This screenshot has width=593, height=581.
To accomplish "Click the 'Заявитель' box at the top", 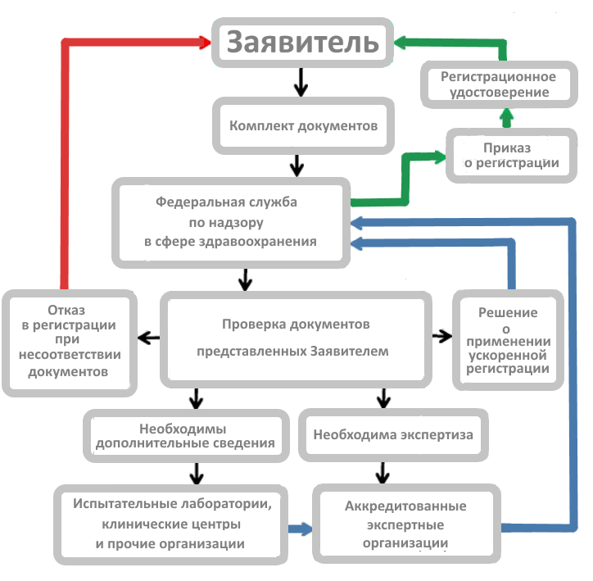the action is pyautogui.click(x=302, y=43).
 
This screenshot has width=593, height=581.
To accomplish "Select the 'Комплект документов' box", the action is pyautogui.click(x=303, y=126).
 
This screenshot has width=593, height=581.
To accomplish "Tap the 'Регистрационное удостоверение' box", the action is pyautogui.click(x=499, y=84).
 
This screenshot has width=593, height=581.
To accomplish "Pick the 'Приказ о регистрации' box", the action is pyautogui.click(x=511, y=156).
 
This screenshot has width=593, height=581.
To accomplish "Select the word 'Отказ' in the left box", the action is pyautogui.click(x=66, y=311).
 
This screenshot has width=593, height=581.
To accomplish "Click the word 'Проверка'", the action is pyautogui.click(x=250, y=325).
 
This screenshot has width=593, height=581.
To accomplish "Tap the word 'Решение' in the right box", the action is pyautogui.click(x=508, y=312).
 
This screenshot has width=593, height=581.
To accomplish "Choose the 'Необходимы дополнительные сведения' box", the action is pyautogui.click(x=186, y=436).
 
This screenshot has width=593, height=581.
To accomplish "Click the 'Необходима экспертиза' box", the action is pyautogui.click(x=393, y=435).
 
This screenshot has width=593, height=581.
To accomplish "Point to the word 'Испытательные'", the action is pyautogui.click(x=124, y=503).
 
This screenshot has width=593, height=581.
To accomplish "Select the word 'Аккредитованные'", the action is pyautogui.click(x=405, y=506).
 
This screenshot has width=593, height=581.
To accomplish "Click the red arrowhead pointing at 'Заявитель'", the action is pyautogui.click(x=205, y=42).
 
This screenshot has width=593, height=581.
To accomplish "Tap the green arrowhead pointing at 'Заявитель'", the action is pyautogui.click(x=401, y=42).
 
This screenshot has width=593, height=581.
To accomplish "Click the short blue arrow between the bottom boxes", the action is pyautogui.click(x=301, y=529).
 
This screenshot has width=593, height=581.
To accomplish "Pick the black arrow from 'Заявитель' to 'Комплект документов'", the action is pyautogui.click(x=301, y=83).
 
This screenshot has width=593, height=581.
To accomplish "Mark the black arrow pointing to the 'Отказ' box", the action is pyautogui.click(x=148, y=338).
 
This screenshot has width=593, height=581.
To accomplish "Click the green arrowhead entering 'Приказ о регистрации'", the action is pyautogui.click(x=440, y=157).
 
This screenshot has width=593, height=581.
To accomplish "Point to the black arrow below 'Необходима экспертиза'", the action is pyautogui.click(x=383, y=473).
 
